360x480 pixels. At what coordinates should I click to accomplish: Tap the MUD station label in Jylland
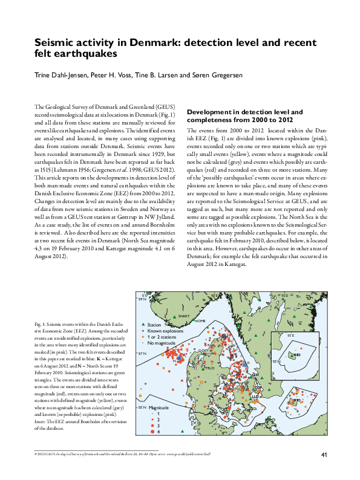[211, 367]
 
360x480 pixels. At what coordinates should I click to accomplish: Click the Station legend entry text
[155, 325]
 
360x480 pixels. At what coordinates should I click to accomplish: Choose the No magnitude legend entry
[162, 343]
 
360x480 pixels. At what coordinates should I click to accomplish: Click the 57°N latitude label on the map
[142, 353]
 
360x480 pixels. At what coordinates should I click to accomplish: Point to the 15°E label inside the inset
[290, 334]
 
